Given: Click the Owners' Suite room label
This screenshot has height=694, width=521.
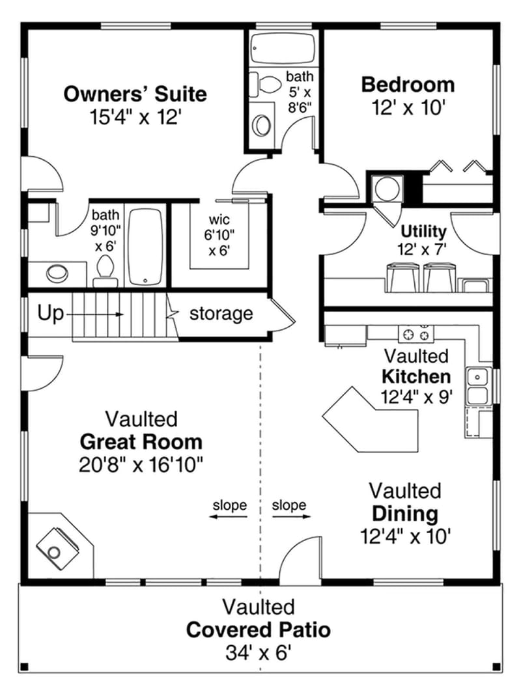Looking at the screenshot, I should pyautogui.click(x=135, y=94).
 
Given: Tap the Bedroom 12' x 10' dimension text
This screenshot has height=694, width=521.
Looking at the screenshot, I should pyautogui.click(x=408, y=107).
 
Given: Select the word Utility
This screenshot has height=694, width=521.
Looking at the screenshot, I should pyautogui.click(x=423, y=231).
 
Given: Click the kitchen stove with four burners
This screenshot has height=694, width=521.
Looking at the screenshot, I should pyautogui.click(x=416, y=333).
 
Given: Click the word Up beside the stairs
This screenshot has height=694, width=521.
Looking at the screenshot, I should pyautogui.click(x=50, y=314).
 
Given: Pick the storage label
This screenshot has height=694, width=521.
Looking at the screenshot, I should pyautogui.click(x=221, y=314).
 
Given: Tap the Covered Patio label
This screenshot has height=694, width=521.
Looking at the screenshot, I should pyautogui.click(x=258, y=630).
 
